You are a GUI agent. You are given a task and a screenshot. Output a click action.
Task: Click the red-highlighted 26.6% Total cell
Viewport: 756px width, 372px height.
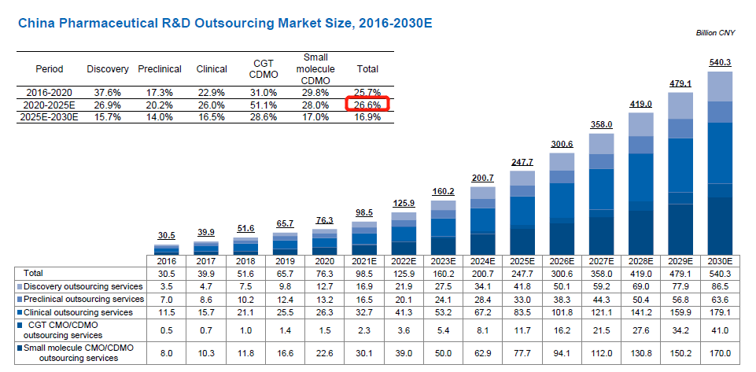click(x=367, y=105)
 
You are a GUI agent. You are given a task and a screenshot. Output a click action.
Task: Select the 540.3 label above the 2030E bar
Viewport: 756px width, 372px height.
click(x=721, y=63)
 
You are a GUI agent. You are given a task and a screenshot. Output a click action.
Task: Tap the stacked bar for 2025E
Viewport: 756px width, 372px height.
click(x=522, y=212)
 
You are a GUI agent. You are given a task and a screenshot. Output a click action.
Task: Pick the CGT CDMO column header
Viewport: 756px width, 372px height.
click(x=264, y=69)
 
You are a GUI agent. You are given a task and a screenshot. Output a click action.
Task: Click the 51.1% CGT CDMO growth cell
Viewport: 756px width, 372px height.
click(x=264, y=105)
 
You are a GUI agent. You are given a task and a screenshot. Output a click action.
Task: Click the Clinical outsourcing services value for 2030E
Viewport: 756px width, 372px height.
click(x=720, y=312)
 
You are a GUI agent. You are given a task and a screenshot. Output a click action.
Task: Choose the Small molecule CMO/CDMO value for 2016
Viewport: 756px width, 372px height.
click(x=167, y=352)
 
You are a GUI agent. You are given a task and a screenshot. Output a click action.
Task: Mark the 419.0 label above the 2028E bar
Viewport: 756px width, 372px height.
click(x=641, y=104)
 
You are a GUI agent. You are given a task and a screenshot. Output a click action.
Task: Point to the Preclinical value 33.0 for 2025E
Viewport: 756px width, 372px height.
click(x=522, y=299)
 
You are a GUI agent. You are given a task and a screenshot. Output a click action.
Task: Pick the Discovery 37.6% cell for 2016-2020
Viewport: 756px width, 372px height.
click(x=101, y=92)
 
